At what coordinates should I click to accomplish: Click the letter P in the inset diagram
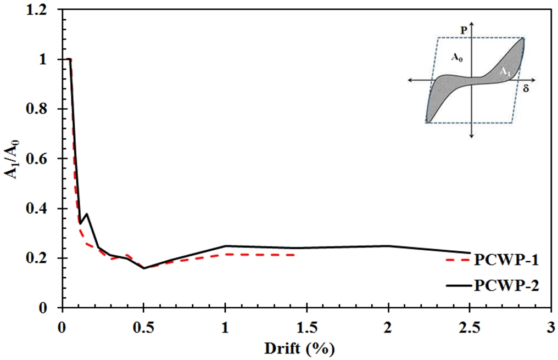coord(464,31)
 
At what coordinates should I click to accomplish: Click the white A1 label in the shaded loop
coord(505,71)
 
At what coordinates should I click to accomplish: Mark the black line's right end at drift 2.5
coord(470,253)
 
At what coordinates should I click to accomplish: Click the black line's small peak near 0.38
coord(86,213)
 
